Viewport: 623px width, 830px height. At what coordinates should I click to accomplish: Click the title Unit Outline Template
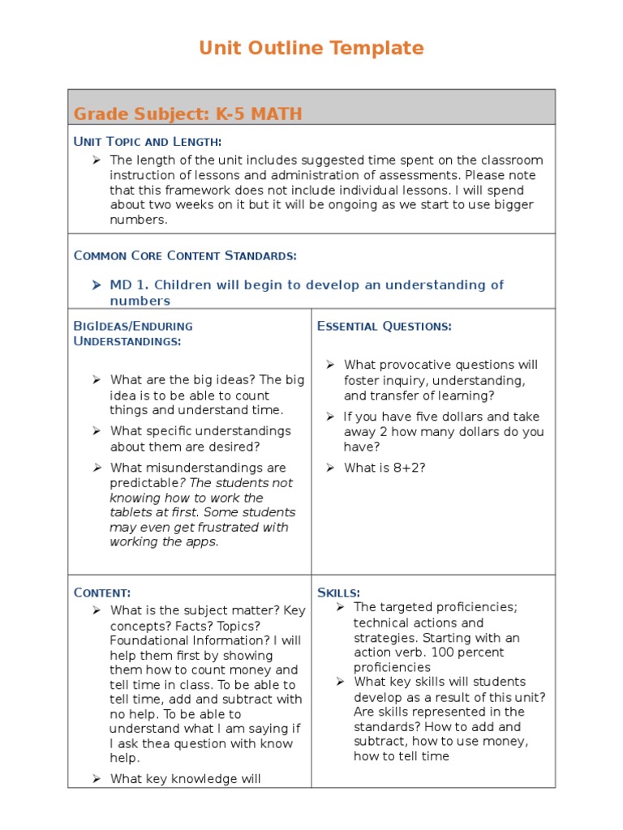pyautogui.click(x=311, y=49)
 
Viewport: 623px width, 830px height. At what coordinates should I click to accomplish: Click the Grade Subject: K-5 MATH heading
pyautogui.click(x=187, y=113)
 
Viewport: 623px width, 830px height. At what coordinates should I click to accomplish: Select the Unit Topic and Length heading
pyautogui.click(x=147, y=142)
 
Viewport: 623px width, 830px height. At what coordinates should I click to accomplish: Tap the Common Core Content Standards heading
pyautogui.click(x=185, y=255)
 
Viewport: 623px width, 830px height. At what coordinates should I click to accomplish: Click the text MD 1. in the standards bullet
pyautogui.click(x=130, y=285)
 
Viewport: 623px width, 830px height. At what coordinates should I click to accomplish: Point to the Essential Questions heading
pyautogui.click(x=384, y=326)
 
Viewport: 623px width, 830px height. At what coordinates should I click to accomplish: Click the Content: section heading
pyautogui.click(x=102, y=593)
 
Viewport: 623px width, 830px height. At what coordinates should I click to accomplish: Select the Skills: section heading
pyautogui.click(x=339, y=593)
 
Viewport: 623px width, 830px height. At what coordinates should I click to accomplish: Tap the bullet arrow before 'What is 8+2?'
pyautogui.click(x=331, y=468)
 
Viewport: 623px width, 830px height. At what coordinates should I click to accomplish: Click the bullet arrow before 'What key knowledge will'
pyautogui.click(x=96, y=779)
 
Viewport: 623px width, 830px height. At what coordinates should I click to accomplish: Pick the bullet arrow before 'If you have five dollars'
pyautogui.click(x=331, y=417)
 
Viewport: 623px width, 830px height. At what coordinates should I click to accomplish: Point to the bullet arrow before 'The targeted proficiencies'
pyautogui.click(x=341, y=607)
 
